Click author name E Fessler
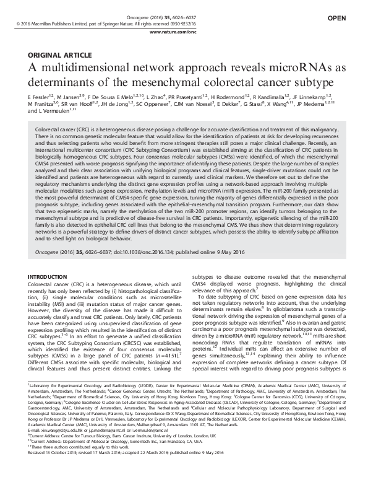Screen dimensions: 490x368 pyautogui.click(x=40, y=98)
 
